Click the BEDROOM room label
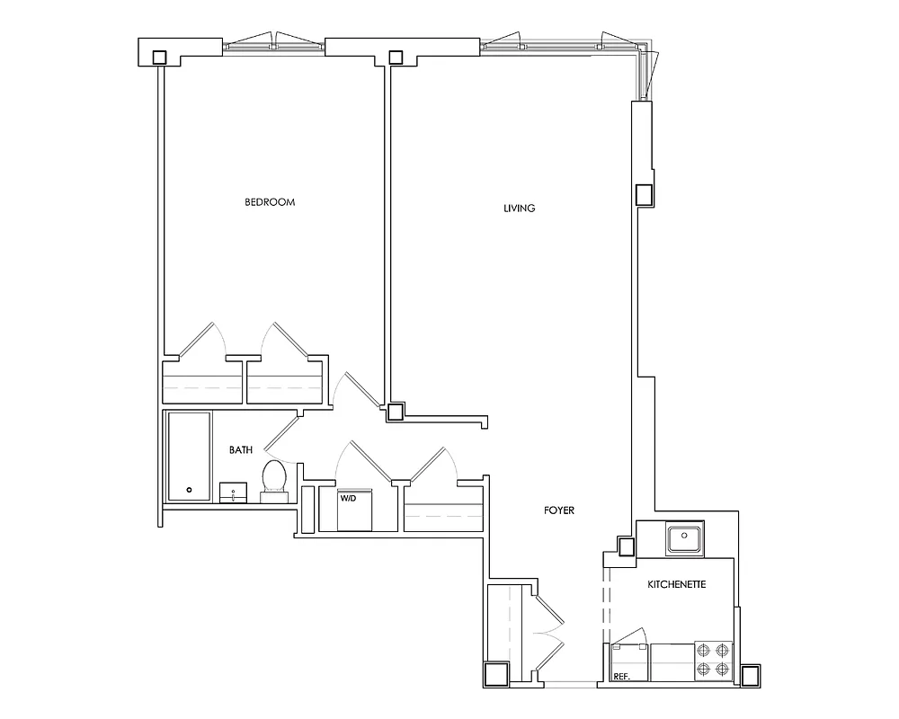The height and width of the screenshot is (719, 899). (x=270, y=202)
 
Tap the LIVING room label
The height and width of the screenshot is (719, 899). (x=520, y=209)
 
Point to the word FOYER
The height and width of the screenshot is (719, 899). (x=558, y=510)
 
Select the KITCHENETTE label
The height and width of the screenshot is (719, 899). (x=677, y=584)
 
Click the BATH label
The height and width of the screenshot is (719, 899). (x=240, y=449)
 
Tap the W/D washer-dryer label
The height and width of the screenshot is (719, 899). (x=348, y=497)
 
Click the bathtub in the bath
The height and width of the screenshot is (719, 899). (x=189, y=457)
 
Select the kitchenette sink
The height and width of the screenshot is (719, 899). (x=685, y=539)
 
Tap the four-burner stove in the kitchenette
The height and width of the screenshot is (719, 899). (x=715, y=658)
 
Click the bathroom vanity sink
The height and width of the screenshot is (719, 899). (x=234, y=493)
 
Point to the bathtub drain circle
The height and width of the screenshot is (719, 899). (x=189, y=490)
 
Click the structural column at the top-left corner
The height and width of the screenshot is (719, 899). (x=159, y=57)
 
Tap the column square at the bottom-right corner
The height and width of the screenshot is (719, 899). (x=751, y=675)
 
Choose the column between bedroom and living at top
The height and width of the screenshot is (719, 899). (x=396, y=57)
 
